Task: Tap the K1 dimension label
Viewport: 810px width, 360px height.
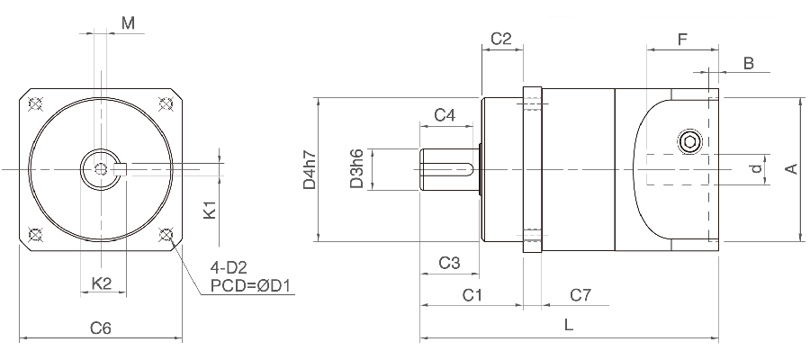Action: (210, 211)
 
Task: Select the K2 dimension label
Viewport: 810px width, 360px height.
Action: (102, 283)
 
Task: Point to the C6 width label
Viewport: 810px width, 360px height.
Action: (101, 328)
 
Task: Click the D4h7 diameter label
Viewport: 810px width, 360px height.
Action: (309, 169)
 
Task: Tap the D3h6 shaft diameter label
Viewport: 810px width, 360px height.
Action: (356, 169)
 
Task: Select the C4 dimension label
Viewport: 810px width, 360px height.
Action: (445, 115)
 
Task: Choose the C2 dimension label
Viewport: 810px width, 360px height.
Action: (501, 39)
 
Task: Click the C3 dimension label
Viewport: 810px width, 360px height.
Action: (449, 263)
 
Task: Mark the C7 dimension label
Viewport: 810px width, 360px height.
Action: (580, 295)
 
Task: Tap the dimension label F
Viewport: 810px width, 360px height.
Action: (682, 39)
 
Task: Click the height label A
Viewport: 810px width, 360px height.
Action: (791, 169)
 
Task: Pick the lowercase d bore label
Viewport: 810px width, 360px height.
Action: (757, 168)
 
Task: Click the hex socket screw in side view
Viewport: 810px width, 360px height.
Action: (690, 141)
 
